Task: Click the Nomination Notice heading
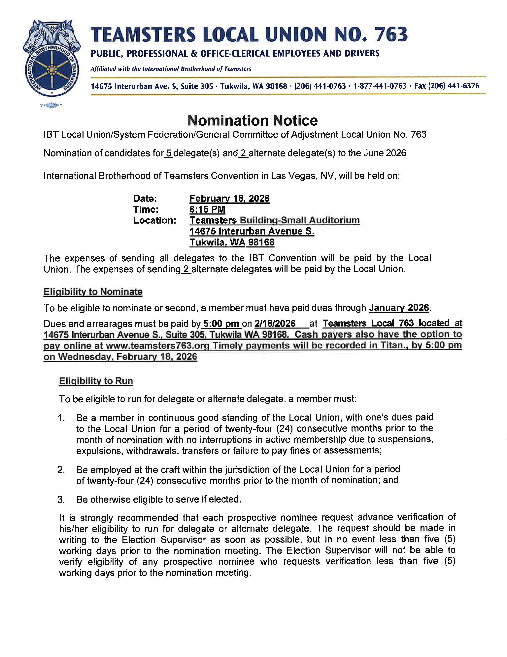pyautogui.click(x=252, y=121)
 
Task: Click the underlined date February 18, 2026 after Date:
pyautogui.click(x=229, y=198)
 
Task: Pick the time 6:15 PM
pyautogui.click(x=207, y=209)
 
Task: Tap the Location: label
pyautogui.click(x=154, y=221)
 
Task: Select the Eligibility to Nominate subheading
pyautogui.click(x=93, y=292)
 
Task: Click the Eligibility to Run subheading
pyautogui.click(x=96, y=381)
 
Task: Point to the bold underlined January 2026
pyautogui.click(x=399, y=308)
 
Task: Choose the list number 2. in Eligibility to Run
pyautogui.click(x=61, y=470)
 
